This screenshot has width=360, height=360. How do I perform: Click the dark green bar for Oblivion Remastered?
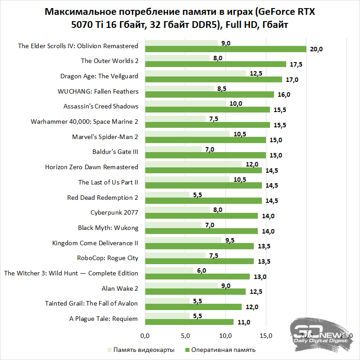(225, 49)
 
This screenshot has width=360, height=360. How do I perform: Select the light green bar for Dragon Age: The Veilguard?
(195, 73)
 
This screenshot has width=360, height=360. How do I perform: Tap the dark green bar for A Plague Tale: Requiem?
(189, 322)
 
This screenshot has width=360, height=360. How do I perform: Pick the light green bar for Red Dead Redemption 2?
(167, 194)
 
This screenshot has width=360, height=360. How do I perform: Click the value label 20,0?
(317, 49)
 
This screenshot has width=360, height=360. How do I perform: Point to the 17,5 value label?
(296, 64)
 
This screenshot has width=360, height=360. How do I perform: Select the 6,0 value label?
(202, 270)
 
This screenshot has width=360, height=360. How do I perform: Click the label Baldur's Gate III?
(115, 152)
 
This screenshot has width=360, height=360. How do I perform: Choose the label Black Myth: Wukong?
(108, 228)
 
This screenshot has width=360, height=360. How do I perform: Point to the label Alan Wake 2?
(121, 288)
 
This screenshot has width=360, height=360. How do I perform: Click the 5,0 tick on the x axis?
(185, 336)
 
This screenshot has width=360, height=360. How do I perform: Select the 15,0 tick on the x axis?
(266, 336)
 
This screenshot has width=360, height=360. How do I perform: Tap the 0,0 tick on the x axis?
(145, 336)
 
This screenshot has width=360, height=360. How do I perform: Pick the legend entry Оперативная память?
(220, 350)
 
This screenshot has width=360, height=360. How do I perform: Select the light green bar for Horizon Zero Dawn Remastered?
(193, 164)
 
